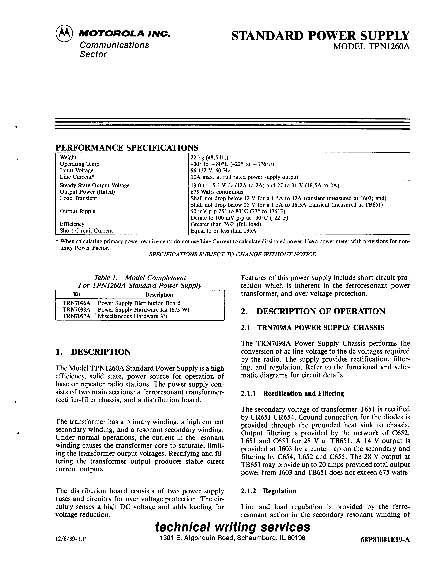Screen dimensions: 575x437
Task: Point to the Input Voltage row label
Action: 77,171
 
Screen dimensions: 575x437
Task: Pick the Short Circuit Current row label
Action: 86,231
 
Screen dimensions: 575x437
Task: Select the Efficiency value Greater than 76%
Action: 226,224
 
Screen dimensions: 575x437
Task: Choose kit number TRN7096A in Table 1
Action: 76,303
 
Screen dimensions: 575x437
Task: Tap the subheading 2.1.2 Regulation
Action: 269,491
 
